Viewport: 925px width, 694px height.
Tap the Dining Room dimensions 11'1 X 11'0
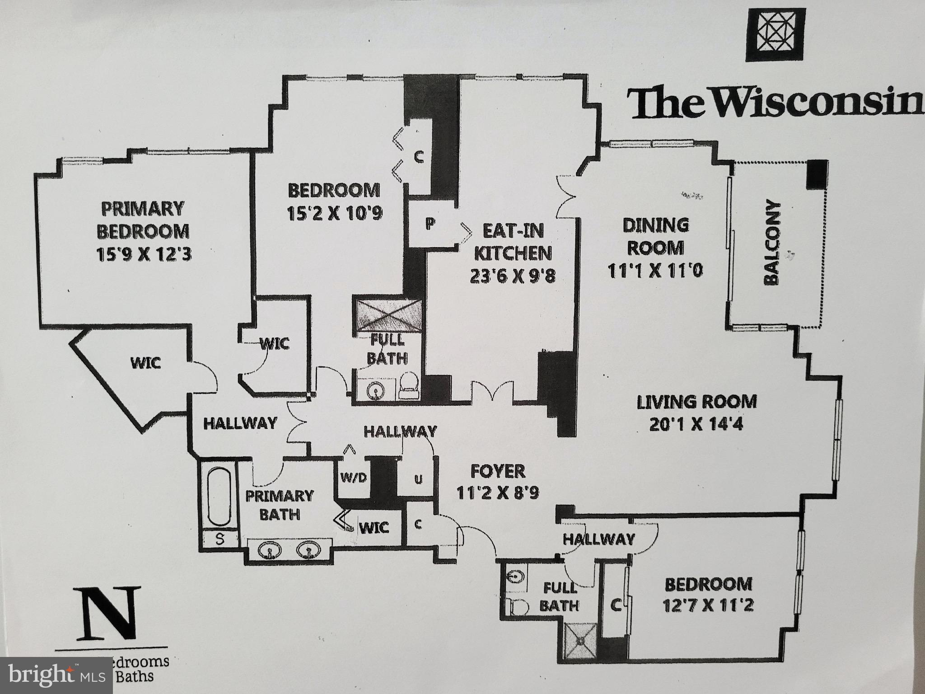tap(655, 271)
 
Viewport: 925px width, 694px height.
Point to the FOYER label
tap(498, 471)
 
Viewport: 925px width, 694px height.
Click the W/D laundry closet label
tap(353, 477)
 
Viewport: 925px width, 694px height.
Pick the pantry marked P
tap(430, 224)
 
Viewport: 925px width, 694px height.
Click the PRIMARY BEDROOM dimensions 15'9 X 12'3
tap(144, 255)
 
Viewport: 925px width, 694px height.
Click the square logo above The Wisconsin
tap(775, 35)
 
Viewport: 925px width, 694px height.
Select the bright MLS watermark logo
tap(56, 676)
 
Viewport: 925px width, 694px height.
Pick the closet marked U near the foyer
tap(418, 479)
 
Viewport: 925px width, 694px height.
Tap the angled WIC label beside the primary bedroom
tap(145, 362)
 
